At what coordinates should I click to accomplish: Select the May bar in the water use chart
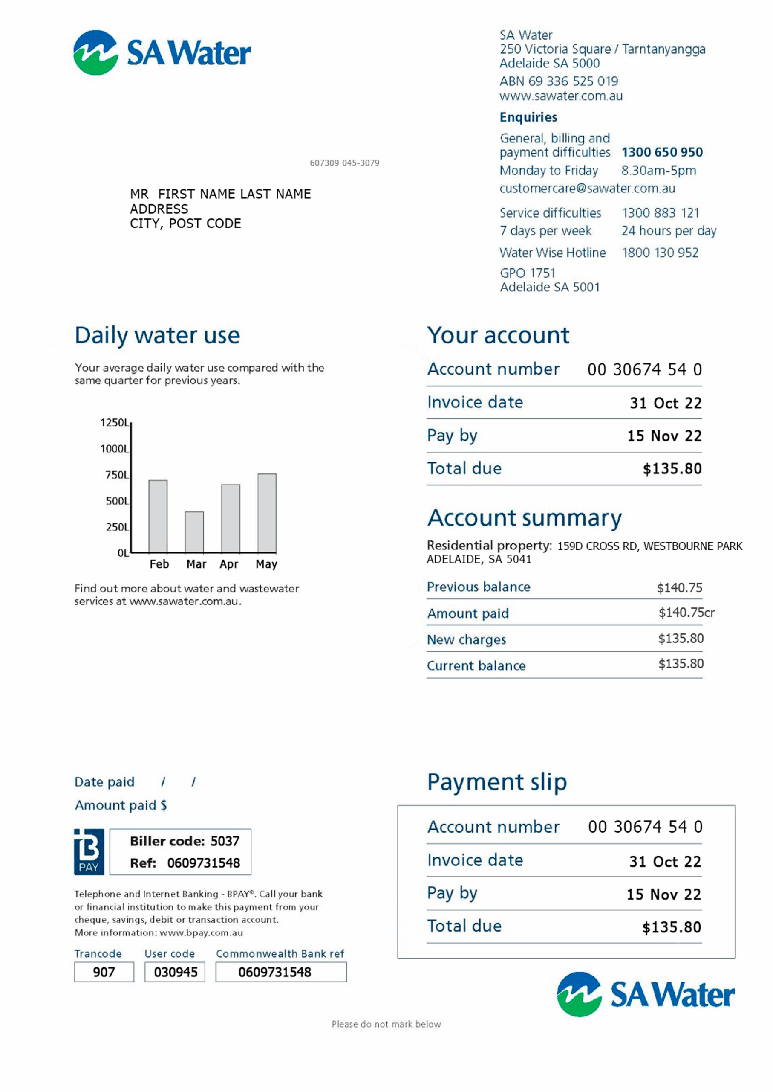point(267,513)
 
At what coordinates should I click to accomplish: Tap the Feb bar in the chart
point(158,516)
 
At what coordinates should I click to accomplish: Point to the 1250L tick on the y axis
point(115,423)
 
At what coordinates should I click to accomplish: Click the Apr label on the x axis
point(229,564)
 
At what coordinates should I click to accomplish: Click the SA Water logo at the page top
point(162,52)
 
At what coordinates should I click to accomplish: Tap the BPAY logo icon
point(89,852)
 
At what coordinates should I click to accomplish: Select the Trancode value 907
point(104,972)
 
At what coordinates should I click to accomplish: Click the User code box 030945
point(175,972)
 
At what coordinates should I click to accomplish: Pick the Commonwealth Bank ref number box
point(281,972)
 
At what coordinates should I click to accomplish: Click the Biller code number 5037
point(225,841)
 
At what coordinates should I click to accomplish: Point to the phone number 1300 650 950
point(662,152)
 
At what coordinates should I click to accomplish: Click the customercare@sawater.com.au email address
point(587,188)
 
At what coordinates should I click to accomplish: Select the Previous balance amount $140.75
point(679,587)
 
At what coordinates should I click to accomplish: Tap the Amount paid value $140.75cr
point(686,612)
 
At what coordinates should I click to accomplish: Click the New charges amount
point(681,639)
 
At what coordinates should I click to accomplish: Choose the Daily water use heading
point(157,335)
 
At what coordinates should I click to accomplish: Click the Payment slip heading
point(497,782)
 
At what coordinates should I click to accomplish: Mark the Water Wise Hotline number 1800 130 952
point(660,253)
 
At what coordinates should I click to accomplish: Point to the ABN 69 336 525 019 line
point(559,81)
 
